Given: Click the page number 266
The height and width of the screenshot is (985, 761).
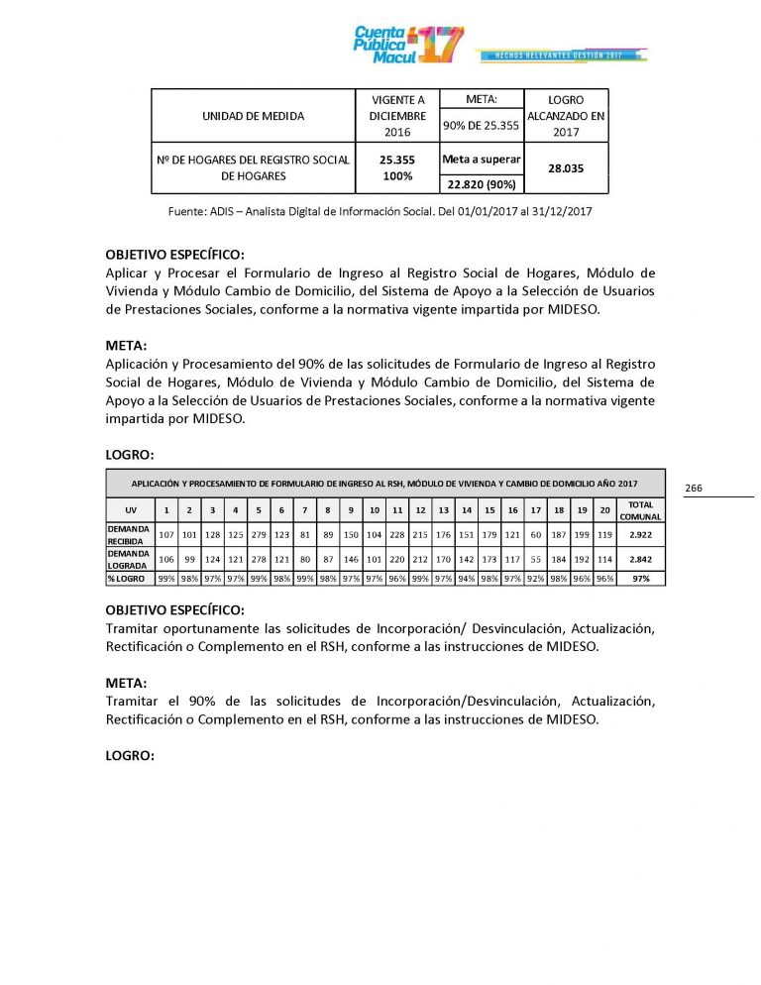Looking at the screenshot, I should click(694, 489).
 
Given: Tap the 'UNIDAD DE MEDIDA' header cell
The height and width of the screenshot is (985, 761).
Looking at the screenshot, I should click(253, 116).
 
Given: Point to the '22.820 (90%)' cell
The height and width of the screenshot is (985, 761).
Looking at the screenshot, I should click(480, 183).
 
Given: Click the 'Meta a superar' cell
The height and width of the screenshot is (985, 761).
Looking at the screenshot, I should click(481, 159).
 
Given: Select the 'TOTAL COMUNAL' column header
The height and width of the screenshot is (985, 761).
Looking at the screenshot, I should click(641, 510).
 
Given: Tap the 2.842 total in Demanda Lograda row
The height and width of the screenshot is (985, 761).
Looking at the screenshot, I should click(641, 559).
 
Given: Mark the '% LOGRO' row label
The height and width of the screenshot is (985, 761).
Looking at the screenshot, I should click(129, 578).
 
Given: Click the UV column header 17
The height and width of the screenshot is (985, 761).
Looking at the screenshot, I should click(535, 510).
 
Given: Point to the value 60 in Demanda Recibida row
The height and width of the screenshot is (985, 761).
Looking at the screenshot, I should click(535, 534).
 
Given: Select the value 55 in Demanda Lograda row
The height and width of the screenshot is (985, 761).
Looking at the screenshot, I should click(535, 559).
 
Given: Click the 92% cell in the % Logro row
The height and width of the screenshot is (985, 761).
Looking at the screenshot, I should click(535, 578).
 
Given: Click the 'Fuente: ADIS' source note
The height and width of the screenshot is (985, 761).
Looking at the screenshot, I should click(380, 211).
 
